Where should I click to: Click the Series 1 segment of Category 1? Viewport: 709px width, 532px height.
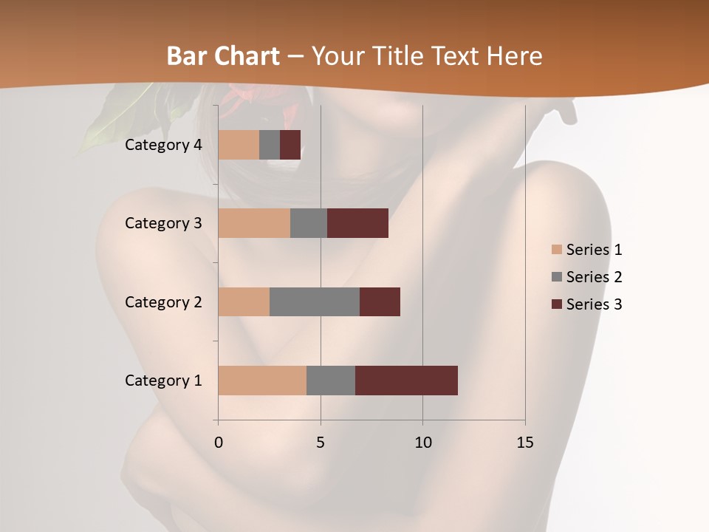click(x=262, y=381)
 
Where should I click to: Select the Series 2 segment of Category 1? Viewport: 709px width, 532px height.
click(x=331, y=381)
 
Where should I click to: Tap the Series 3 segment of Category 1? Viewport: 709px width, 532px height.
click(x=406, y=381)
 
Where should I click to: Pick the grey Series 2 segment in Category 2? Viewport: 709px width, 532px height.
click(x=315, y=301)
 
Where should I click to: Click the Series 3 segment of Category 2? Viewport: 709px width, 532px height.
click(x=380, y=301)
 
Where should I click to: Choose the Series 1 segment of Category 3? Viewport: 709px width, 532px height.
click(x=254, y=223)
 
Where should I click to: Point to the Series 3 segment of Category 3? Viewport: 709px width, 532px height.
click(x=357, y=223)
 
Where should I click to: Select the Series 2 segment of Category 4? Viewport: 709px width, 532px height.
click(x=270, y=145)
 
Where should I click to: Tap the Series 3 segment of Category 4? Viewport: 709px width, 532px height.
click(x=290, y=145)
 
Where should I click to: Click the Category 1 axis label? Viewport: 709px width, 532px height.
click(x=163, y=381)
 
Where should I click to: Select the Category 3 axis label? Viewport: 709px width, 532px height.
click(x=163, y=223)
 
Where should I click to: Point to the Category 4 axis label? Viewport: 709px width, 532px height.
click(x=163, y=145)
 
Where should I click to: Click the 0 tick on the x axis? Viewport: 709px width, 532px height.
click(x=218, y=443)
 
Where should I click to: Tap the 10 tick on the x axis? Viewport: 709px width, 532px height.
click(x=422, y=443)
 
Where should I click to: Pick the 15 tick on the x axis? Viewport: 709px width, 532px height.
click(x=525, y=443)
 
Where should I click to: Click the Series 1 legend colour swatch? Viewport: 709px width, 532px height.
click(x=556, y=250)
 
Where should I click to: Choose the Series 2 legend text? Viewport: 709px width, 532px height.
click(x=594, y=277)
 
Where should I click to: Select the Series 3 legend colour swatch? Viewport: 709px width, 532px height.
click(x=556, y=304)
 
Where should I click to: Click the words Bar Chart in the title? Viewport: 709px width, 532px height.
click(x=223, y=56)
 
